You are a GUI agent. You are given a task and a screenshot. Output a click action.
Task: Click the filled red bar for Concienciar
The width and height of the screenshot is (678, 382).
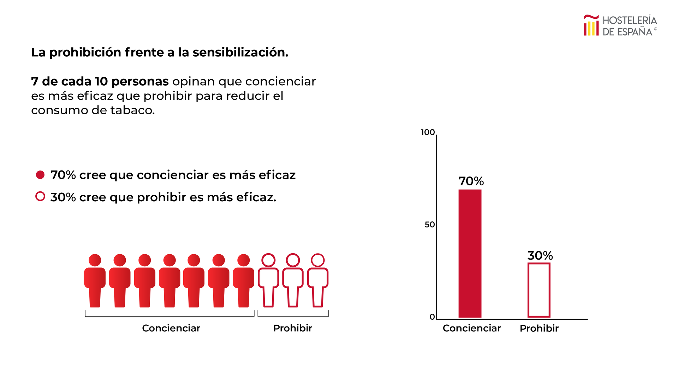[x=470, y=253]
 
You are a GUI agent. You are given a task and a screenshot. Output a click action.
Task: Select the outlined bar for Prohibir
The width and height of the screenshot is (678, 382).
[x=539, y=290]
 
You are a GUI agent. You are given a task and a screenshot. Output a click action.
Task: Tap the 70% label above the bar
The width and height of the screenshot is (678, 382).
[x=471, y=181]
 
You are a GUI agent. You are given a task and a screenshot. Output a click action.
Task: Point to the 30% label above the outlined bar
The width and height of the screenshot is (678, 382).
[x=540, y=255]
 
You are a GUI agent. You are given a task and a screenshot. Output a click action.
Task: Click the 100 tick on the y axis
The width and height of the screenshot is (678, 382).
[x=428, y=132]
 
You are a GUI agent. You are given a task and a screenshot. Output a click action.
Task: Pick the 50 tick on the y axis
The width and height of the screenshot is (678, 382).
[x=430, y=225]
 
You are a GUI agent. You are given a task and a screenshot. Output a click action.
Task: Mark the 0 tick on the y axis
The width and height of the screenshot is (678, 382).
[x=432, y=317]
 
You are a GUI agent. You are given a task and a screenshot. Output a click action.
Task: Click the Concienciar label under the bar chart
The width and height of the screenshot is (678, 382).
[x=471, y=328]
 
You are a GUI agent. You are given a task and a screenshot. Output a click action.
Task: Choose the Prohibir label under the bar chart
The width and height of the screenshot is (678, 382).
[x=539, y=328]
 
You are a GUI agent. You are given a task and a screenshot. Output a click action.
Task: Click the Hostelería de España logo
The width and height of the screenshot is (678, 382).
[x=620, y=25]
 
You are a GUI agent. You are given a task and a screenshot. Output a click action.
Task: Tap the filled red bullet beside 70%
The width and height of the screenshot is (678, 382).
[x=40, y=175]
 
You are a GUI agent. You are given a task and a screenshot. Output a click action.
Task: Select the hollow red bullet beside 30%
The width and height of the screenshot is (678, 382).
[x=40, y=196]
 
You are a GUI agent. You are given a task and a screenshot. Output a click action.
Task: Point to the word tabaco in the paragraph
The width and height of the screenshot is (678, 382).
[x=132, y=110]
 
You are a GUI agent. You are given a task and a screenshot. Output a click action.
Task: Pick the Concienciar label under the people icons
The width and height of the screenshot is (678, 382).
[x=171, y=328]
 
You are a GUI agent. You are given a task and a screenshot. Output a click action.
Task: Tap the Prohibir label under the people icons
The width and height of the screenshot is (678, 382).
[x=292, y=328]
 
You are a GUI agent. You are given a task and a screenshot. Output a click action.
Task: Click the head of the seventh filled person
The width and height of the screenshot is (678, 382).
[x=244, y=260]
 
